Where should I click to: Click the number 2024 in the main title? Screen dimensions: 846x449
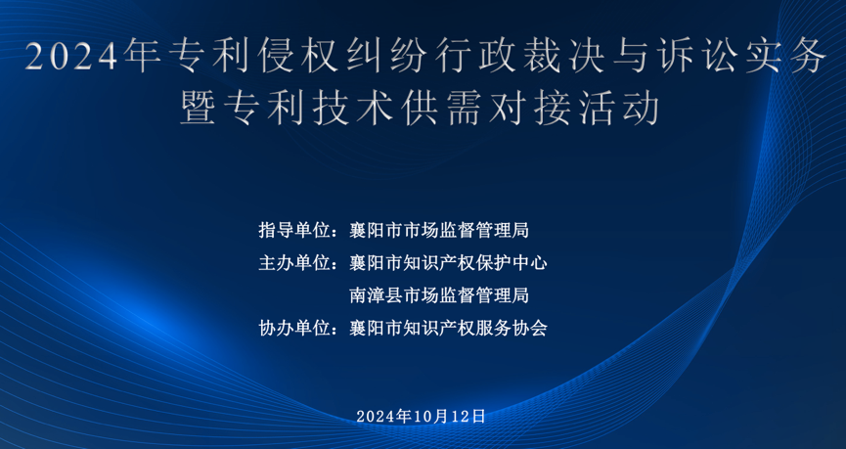pos(70,57)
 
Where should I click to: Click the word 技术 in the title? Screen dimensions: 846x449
pos(352,108)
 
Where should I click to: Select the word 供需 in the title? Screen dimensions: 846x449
pos(441,108)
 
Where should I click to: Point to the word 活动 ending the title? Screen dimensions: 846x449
pos(618,108)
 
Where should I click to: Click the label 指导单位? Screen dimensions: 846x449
pos(294,231)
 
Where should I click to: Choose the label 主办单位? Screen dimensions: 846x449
pos(294,263)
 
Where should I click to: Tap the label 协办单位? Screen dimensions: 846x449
pos(294,328)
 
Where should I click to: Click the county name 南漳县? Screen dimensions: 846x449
pos(377,295)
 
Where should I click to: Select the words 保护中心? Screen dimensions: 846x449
pos(512,263)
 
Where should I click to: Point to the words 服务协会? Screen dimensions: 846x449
pos(512,328)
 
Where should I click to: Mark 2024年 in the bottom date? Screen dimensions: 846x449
pos(384,416)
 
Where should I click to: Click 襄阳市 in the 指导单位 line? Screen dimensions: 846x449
pos(377,231)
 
